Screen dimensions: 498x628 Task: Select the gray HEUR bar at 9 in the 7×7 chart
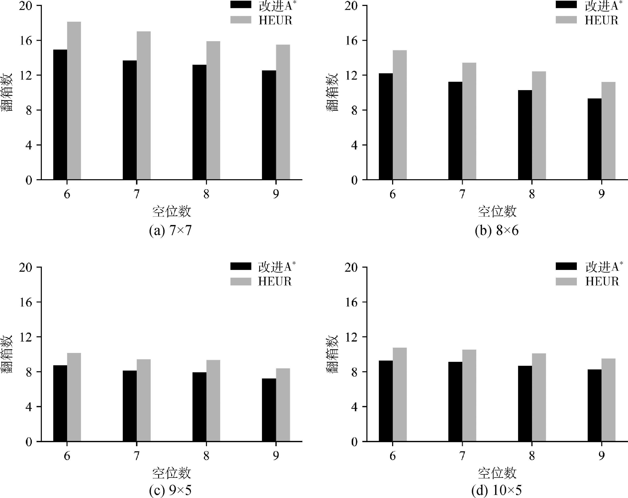click(283, 112)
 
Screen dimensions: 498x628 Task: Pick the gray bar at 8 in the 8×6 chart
click(539, 126)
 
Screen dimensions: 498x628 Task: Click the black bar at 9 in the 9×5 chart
click(269, 410)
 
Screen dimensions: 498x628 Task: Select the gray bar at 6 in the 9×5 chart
click(74, 397)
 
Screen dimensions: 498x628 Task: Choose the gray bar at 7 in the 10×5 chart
click(469, 395)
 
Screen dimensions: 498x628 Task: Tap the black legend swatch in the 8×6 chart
click(566, 5)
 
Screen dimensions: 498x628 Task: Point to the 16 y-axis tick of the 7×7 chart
click(25, 41)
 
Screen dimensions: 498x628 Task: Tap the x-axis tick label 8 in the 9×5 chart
click(206, 456)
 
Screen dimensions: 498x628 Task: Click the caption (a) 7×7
click(170, 231)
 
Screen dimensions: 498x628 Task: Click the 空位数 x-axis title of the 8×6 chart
click(497, 212)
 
